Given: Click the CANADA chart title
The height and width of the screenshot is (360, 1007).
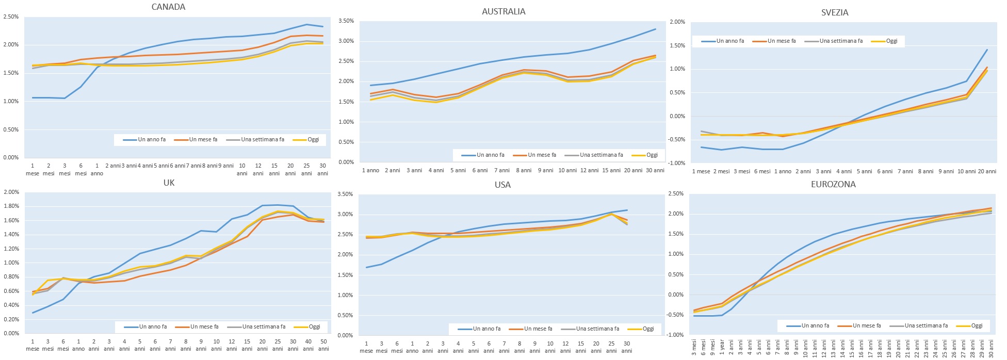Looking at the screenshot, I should [168, 7].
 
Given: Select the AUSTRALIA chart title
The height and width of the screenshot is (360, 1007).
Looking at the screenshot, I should [503, 11].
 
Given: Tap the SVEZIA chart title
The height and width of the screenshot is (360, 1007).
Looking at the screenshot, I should [835, 12].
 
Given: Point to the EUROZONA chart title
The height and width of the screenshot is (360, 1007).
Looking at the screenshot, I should [833, 184].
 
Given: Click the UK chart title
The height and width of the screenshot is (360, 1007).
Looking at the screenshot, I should [169, 183].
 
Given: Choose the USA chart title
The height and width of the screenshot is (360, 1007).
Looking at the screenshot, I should [502, 185].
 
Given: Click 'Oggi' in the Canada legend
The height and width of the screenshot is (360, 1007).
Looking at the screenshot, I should [313, 139].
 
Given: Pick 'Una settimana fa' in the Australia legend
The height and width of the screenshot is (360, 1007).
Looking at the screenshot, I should [601, 155].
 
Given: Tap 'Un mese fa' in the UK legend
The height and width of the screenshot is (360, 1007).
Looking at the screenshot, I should [204, 326].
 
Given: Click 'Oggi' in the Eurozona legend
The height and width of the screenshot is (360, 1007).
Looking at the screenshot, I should [977, 325].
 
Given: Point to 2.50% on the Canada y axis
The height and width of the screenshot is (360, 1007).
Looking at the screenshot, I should [11, 17].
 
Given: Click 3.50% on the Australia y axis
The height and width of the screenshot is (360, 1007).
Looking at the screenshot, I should [346, 21].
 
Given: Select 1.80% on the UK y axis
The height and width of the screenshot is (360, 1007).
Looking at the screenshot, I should [11, 206].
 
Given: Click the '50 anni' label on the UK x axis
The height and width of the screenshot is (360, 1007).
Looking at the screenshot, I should [323, 345].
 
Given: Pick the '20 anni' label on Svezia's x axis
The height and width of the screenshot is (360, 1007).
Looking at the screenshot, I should [987, 171].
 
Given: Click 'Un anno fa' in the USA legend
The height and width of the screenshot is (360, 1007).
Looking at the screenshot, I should [486, 329].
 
